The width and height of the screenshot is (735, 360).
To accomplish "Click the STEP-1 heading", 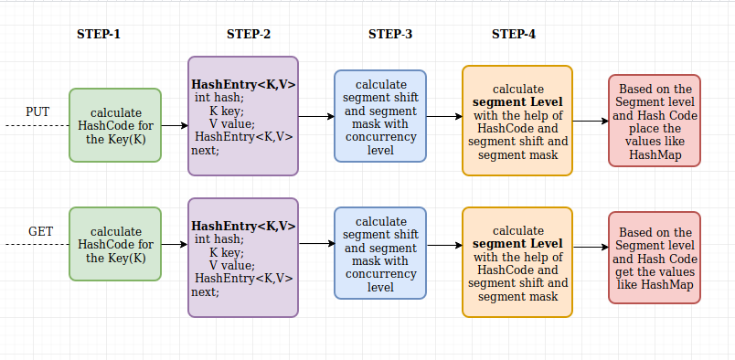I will [99, 35].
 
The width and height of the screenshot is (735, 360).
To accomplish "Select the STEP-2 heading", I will [249, 35].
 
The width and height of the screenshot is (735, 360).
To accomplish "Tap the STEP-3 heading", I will [390, 35].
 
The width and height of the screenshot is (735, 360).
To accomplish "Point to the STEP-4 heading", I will [514, 35].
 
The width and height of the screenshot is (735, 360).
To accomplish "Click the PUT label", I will [37, 111].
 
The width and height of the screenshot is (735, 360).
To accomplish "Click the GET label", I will [40, 231].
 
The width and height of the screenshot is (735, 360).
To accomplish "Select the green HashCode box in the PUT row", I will [115, 125].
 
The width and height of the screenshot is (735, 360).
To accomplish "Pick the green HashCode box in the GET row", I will [115, 244].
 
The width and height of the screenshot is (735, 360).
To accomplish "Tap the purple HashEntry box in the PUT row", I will [243, 116].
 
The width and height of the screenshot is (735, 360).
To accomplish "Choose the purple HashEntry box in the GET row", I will [243, 258].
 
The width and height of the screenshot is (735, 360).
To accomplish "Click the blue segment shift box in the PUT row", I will [380, 116].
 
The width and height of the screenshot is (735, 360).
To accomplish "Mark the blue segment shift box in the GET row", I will [380, 253].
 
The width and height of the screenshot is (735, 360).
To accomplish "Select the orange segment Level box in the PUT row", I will [517, 121].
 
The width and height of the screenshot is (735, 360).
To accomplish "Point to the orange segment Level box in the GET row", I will [517, 262].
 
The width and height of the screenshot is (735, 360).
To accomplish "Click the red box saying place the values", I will [655, 121].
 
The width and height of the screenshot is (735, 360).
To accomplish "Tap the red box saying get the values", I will [655, 258].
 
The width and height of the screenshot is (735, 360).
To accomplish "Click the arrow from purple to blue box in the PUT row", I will [316, 117].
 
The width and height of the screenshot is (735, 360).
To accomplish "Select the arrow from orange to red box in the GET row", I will [591, 248].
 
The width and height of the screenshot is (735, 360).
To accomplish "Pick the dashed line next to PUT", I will [37, 125].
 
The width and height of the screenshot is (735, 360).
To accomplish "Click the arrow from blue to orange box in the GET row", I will [444, 247].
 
